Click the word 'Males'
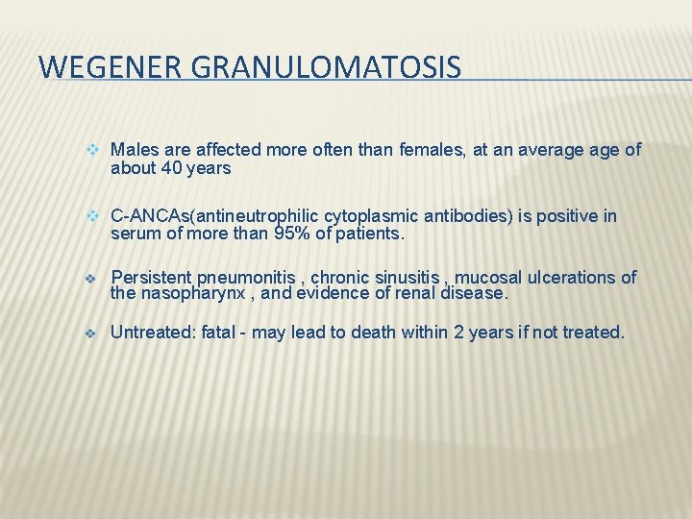click(133, 150)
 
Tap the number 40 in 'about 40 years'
click(171, 168)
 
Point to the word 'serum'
click(133, 234)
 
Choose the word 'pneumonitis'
click(244, 278)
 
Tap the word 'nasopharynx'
click(186, 293)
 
